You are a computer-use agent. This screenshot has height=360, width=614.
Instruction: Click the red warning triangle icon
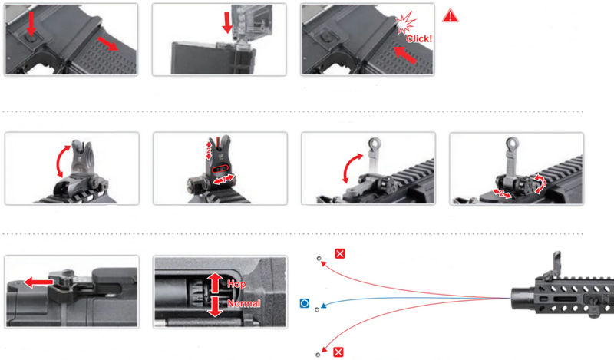click(451, 16)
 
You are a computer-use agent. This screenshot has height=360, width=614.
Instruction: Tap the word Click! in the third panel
click(419, 39)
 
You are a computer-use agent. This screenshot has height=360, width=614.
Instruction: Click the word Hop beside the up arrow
click(236, 284)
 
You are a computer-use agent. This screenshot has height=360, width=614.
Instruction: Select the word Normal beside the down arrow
click(244, 303)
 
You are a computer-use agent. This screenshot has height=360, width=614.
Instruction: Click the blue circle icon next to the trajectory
click(304, 303)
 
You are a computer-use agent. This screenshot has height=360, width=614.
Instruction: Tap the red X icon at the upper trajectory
click(340, 253)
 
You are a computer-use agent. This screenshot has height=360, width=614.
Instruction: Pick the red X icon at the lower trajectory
click(338, 352)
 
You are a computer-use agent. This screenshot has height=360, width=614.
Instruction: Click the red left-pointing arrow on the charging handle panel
click(38, 282)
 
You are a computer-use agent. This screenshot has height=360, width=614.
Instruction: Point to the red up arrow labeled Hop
click(215, 282)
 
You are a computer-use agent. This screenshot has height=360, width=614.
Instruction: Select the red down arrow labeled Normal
click(215, 307)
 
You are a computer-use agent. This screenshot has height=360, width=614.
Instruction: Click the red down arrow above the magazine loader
click(227, 22)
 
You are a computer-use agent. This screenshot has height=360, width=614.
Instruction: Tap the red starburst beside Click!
click(405, 22)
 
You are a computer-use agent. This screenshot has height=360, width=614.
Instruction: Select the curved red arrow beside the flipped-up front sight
click(62, 161)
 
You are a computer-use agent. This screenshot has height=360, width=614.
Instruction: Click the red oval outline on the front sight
click(220, 169)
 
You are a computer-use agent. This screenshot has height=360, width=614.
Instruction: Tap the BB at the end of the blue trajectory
click(317, 309)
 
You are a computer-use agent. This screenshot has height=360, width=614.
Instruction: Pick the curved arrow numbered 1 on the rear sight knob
click(540, 183)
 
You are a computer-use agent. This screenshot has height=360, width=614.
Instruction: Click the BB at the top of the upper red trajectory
click(319, 259)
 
